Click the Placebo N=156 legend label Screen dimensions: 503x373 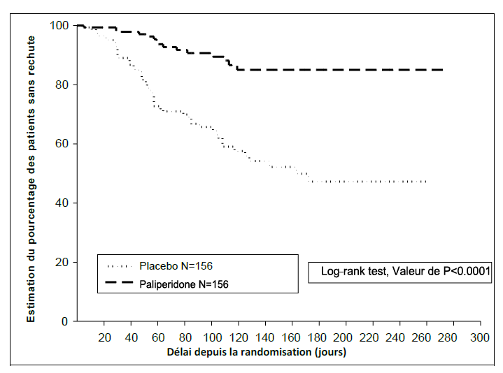(x=176, y=266)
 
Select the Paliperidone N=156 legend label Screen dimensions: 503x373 (x=184, y=284)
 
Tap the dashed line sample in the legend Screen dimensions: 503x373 (x=119, y=282)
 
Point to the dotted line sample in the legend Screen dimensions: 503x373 (x=120, y=266)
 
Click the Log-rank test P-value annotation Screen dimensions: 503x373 (x=406, y=272)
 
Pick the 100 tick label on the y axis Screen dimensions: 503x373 (x=59, y=25)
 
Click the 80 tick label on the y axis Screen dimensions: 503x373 (x=62, y=85)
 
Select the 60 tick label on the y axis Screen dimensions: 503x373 (x=62, y=144)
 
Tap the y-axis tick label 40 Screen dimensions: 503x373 (x=62, y=203)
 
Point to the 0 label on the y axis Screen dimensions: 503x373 (x=65, y=321)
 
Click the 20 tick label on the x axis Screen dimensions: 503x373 (x=104, y=337)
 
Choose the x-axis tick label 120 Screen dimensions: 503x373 (x=239, y=337)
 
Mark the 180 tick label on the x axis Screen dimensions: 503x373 (x=319, y=337)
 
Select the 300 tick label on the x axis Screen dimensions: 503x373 (x=480, y=337)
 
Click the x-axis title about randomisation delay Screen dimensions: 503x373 (x=257, y=352)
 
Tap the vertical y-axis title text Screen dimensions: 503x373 (x=31, y=179)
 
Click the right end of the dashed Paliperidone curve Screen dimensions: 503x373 (x=443, y=69)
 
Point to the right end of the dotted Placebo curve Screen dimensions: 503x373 (x=426, y=182)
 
